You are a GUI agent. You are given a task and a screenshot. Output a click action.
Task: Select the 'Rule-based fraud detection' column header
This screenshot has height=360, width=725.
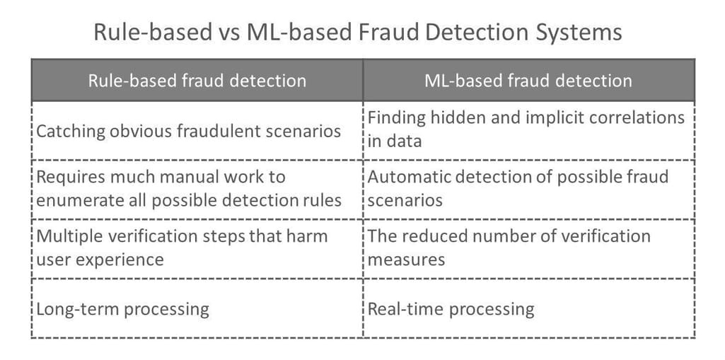tap(197, 81)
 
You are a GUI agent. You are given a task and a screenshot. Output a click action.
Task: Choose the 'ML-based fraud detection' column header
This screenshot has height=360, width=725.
tap(528, 81)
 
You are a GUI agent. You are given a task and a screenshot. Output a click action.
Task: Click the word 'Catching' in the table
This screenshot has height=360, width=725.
tap(71, 132)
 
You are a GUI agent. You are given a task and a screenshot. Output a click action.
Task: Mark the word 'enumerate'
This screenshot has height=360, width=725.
tap(76, 200)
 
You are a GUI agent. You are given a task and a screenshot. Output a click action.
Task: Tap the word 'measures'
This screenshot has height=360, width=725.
tap(407, 260)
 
